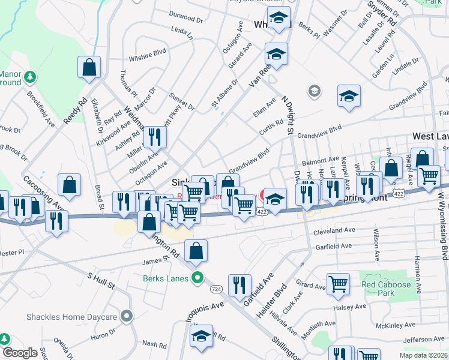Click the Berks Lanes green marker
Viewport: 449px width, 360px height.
coord(196,278)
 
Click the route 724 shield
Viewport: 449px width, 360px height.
coord(216,289)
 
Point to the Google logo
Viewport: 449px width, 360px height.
coord(20,353)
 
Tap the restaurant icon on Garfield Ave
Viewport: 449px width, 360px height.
coord(240,286)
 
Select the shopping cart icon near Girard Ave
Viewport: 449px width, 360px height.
coord(338,286)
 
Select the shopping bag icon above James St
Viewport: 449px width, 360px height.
coord(196,251)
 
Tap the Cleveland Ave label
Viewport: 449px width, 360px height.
coord(333,230)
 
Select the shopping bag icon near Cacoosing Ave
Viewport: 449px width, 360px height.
coord(69,186)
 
